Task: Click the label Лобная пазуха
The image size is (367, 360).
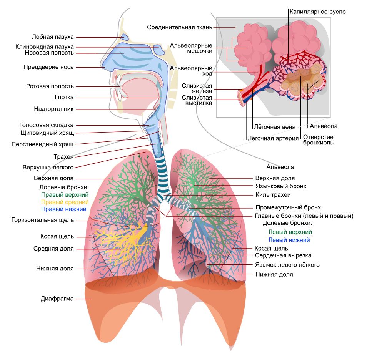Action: pyautogui.click(x=53, y=37)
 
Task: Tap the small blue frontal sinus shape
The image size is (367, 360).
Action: pyautogui.click(x=125, y=37)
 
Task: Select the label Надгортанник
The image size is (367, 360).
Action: pyautogui.click(x=54, y=109)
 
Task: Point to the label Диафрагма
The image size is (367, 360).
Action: pyautogui.click(x=57, y=299)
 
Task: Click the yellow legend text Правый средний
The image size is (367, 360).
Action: pyautogui.click(x=65, y=202)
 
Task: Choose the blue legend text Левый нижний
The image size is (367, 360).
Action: pyautogui.click(x=289, y=240)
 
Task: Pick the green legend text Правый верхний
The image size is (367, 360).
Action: pyautogui.click(x=65, y=195)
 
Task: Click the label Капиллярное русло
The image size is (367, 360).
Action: pyautogui.click(x=318, y=12)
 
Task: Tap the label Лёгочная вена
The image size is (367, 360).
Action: pyautogui.click(x=275, y=127)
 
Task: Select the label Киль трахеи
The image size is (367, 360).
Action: pyautogui.click(x=273, y=195)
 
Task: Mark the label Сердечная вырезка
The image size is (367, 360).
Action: pyautogui.click(x=283, y=255)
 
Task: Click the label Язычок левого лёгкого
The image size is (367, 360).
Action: pyautogui.click(x=287, y=265)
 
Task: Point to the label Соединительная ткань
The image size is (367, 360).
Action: pyautogui.click(x=180, y=27)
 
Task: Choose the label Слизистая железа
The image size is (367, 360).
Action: pyautogui.click(x=197, y=88)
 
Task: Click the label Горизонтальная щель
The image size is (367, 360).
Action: pyautogui.click(x=43, y=220)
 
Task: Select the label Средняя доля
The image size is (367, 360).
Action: pyautogui.click(x=53, y=249)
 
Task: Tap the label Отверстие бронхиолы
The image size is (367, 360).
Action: pyautogui.click(x=319, y=140)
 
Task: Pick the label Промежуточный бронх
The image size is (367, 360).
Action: pyautogui.click(x=288, y=207)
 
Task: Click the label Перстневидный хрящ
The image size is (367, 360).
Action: pyautogui.click(x=43, y=144)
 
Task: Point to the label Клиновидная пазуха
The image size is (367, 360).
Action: pyautogui.click(x=45, y=47)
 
